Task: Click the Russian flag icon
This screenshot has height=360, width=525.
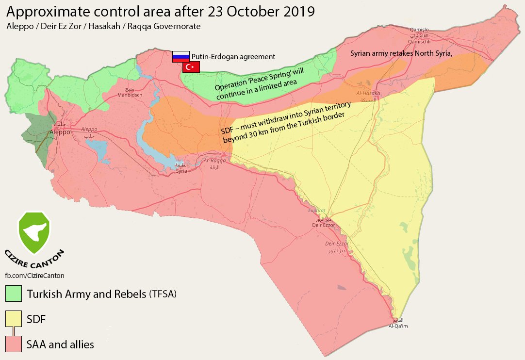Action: [181, 56]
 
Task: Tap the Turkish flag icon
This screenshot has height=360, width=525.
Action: [191, 67]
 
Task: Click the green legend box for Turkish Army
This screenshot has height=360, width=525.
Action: [14, 294]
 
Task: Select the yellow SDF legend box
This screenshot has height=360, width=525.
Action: [14, 319]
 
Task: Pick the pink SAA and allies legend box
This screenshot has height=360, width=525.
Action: [14, 344]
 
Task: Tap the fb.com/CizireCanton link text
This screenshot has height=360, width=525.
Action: [34, 275]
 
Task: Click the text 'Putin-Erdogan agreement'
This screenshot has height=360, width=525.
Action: [233, 57]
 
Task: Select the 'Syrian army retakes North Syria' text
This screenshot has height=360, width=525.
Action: [401, 53]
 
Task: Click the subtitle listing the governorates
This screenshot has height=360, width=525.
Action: [103, 26]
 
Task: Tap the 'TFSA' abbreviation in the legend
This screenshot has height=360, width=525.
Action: [163, 294]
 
